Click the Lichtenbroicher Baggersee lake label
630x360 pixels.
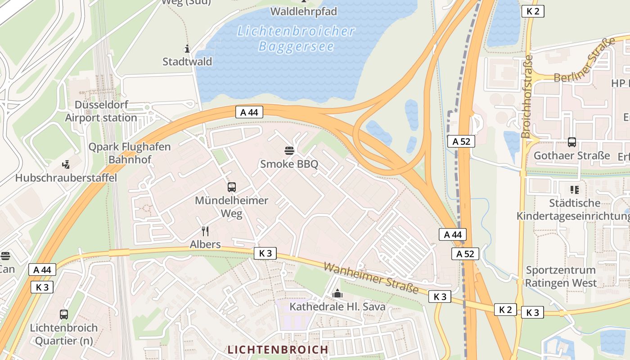[296, 39]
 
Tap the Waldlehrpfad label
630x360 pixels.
[304, 11]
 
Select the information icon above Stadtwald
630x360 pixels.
[187, 49]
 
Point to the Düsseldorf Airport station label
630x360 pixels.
[101, 111]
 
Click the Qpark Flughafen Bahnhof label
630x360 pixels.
[130, 153]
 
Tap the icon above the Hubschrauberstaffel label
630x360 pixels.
[66, 165]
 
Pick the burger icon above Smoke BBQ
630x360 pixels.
[289, 150]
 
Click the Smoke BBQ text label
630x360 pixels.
[289, 164]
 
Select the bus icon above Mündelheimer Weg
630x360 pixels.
[232, 187]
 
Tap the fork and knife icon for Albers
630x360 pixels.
[205, 231]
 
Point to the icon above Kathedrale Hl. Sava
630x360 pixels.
[337, 294]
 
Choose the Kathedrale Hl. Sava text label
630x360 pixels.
[337, 307]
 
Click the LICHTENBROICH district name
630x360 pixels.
[278, 350]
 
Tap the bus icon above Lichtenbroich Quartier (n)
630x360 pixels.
[63, 315]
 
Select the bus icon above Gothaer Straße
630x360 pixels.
[571, 142]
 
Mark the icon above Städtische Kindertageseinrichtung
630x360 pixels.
[574, 189]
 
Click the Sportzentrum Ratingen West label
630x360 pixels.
[561, 277]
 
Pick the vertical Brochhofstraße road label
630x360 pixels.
[526, 96]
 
